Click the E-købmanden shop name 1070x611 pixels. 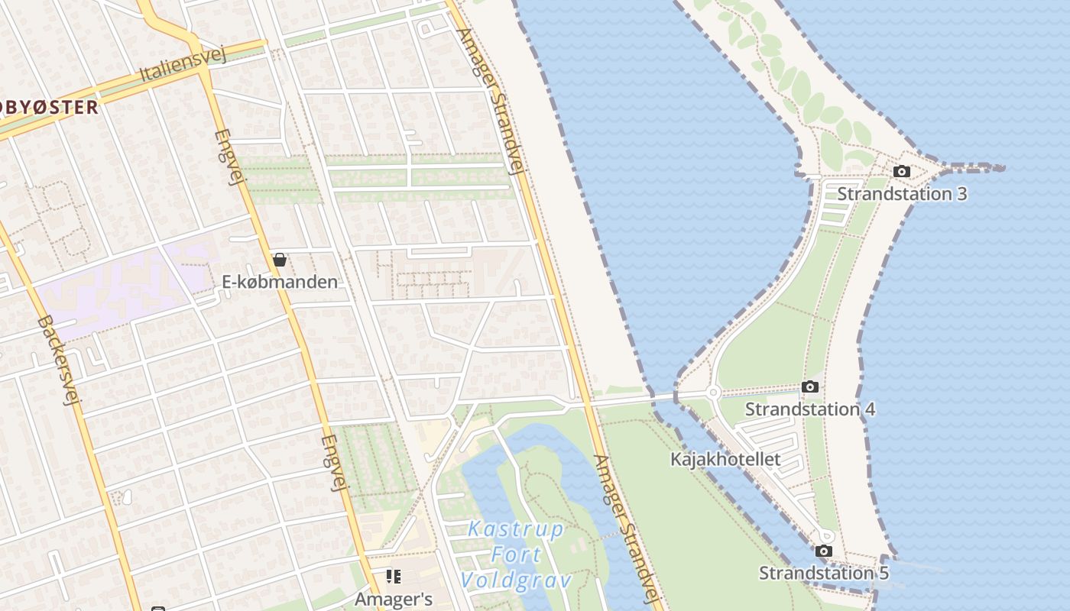(280, 282)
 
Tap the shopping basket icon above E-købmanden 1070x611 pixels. (280, 260)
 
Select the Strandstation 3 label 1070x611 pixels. (902, 194)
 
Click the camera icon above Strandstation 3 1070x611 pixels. (902, 172)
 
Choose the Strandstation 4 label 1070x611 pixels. (810, 409)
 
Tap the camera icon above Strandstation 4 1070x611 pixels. (810, 387)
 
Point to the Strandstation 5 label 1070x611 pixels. (823, 573)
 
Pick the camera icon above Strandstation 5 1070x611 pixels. (823, 551)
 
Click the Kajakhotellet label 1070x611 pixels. (725, 459)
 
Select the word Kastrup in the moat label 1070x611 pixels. (516, 529)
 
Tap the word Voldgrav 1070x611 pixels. (517, 580)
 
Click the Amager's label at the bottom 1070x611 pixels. (394, 600)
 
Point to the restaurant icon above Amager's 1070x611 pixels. (394, 577)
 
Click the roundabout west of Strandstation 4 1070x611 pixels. (713, 393)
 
